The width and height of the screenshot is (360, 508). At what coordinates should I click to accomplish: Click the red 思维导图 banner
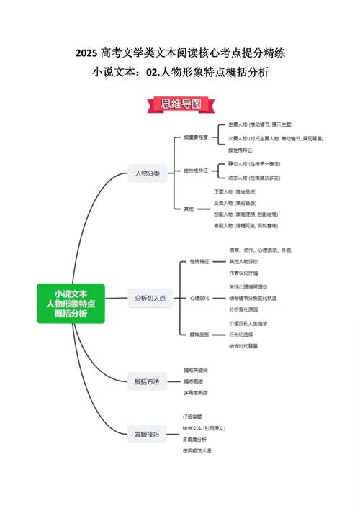(180, 105)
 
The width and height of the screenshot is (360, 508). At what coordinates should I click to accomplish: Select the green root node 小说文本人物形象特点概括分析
(71, 303)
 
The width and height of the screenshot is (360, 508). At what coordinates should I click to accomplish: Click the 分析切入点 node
(150, 298)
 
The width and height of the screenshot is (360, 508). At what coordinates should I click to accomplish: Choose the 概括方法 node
(147, 381)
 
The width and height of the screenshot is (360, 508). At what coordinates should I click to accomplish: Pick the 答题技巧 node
(147, 434)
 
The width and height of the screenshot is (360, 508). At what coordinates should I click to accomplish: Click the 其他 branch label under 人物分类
(189, 209)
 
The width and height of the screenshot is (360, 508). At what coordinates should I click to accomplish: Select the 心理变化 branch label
(199, 298)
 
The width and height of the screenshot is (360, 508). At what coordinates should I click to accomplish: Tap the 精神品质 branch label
(199, 335)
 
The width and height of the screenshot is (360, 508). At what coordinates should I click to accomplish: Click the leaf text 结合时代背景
(243, 346)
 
